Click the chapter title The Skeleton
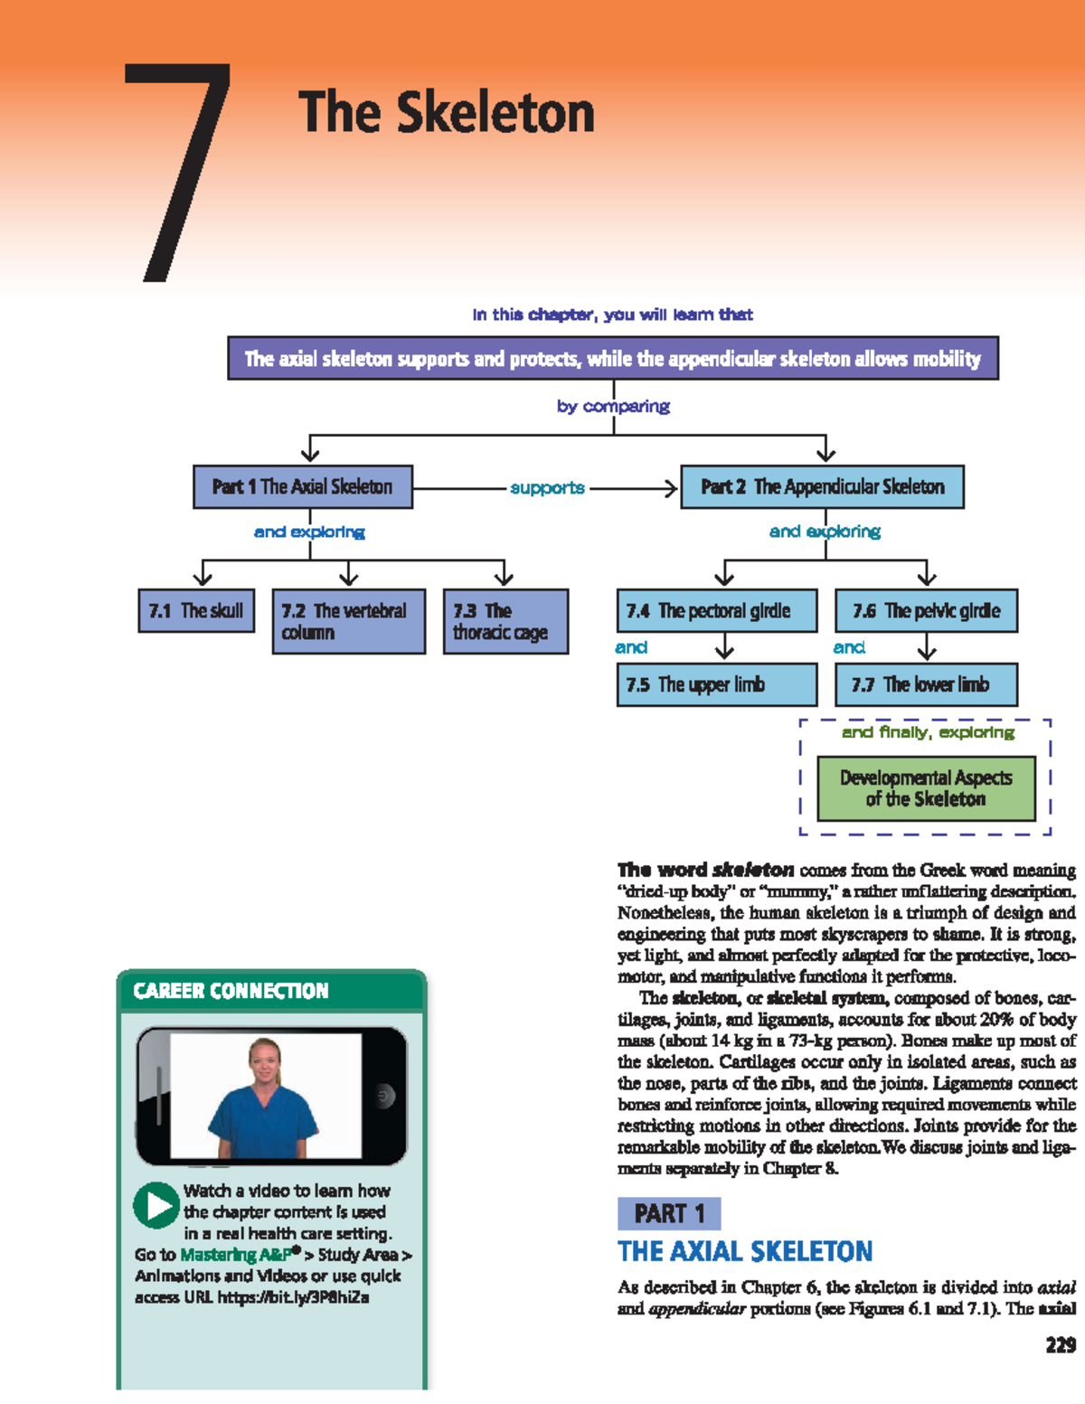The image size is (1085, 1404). click(x=446, y=112)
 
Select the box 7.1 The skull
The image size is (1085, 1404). click(x=196, y=610)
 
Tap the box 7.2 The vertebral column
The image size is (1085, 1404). click(x=348, y=621)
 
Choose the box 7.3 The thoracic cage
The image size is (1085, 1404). click(x=505, y=621)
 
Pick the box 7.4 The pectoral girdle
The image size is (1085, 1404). click(x=716, y=611)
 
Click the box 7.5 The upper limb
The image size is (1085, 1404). click(x=716, y=684)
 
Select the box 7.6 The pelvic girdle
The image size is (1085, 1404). click(x=926, y=611)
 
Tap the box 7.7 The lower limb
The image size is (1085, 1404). click(x=926, y=684)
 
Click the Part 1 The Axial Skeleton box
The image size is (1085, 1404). click(x=303, y=486)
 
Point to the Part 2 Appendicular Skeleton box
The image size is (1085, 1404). click(x=822, y=486)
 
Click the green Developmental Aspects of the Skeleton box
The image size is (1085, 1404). click(x=926, y=788)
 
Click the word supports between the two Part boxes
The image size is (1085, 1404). click(x=547, y=488)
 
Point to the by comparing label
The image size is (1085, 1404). click(x=613, y=406)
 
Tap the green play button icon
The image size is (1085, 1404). click(x=156, y=1205)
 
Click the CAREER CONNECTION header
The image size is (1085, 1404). click(x=231, y=991)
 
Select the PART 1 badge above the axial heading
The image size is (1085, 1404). click(x=669, y=1213)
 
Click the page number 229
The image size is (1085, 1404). click(x=1060, y=1345)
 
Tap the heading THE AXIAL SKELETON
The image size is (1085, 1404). click(x=745, y=1251)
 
